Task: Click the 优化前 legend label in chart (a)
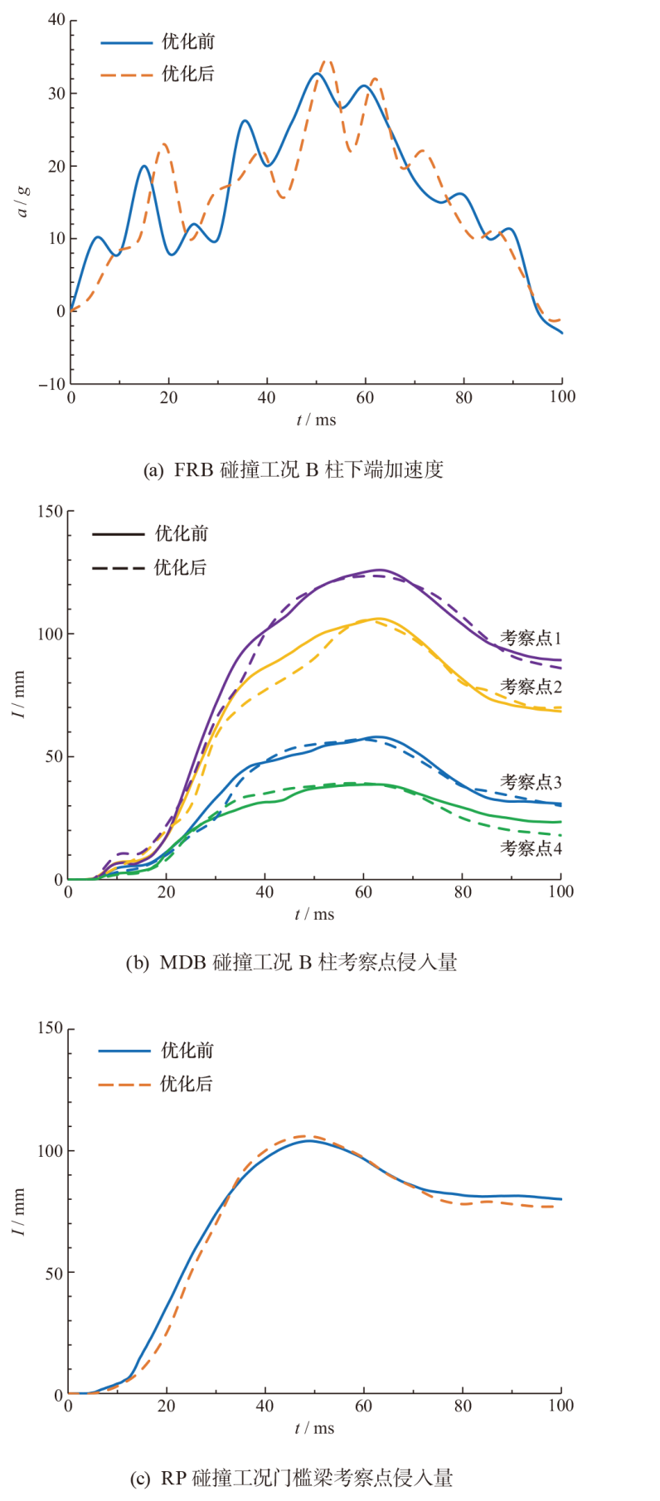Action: click(x=188, y=41)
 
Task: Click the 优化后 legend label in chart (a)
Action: click(x=188, y=74)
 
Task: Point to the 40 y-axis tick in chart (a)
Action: click(x=56, y=20)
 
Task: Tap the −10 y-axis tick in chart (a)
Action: click(x=51, y=384)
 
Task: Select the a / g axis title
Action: click(x=23, y=201)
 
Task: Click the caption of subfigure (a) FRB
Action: click(x=294, y=469)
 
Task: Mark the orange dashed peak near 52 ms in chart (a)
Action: click(x=327, y=61)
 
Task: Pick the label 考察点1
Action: click(x=531, y=638)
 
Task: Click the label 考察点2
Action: click(x=531, y=686)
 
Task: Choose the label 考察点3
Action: click(x=531, y=782)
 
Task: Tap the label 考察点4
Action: click(x=531, y=848)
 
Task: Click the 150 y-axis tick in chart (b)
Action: click(x=51, y=512)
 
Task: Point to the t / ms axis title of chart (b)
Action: click(x=315, y=914)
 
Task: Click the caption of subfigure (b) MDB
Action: click(x=291, y=962)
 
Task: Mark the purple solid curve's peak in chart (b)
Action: click(x=381, y=570)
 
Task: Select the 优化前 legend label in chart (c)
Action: click(x=187, y=1050)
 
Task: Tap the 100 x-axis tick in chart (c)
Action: click(x=561, y=1406)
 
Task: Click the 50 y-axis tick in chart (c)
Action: click(x=53, y=1272)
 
